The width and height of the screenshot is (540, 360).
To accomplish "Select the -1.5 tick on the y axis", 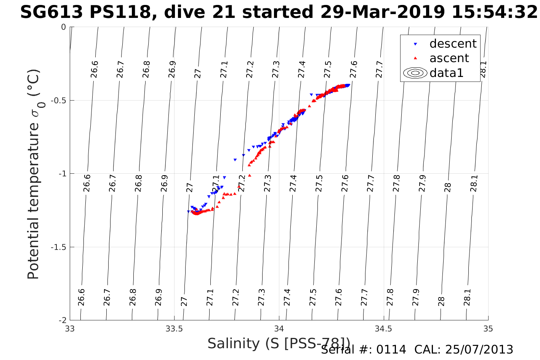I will click(58, 247).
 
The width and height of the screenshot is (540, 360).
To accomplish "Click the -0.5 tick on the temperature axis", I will click(58, 101).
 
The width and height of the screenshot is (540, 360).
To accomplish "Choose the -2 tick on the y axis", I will click(61, 320).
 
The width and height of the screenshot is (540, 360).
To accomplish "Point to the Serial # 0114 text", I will click(364, 350).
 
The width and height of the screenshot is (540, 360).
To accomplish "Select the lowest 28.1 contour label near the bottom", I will click(468, 297).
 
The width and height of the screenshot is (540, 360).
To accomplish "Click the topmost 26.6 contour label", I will click(94, 69).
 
